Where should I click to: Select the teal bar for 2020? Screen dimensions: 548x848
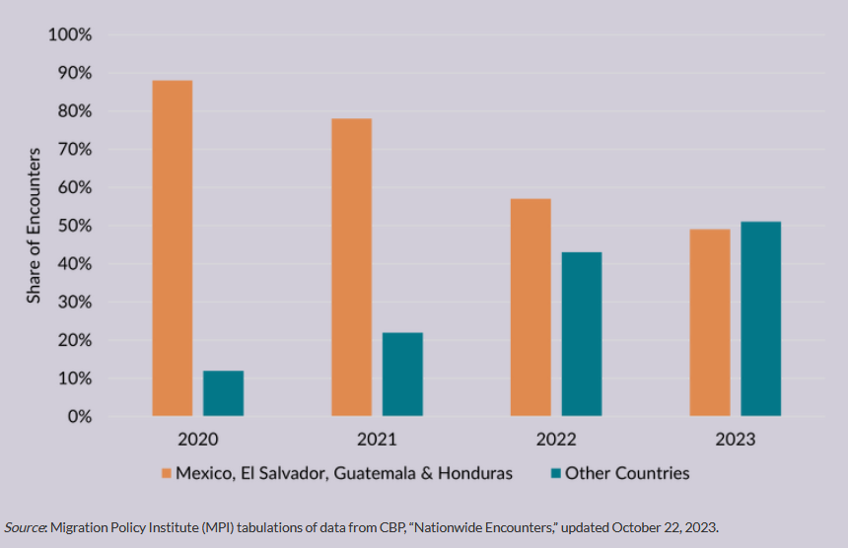click(223, 393)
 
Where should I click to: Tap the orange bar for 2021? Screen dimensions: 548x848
click(351, 267)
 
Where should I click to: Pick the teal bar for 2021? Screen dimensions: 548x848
click(402, 375)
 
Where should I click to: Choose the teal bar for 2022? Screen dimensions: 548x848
click(582, 334)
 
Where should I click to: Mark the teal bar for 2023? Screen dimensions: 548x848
click(761, 318)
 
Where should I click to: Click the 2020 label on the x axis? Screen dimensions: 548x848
click(198, 439)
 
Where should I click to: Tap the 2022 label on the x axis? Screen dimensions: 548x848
click(556, 439)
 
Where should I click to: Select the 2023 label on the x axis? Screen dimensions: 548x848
click(736, 439)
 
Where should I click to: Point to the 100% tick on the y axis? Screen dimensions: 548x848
click(69, 35)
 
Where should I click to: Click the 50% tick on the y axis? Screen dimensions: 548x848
click(73, 227)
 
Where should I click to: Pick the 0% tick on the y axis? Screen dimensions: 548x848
click(78, 417)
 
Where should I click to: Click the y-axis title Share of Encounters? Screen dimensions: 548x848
click(35, 225)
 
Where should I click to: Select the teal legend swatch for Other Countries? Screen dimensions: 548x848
click(554, 473)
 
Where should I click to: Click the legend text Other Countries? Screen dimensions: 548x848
click(627, 473)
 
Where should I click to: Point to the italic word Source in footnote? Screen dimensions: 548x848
click(25, 527)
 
